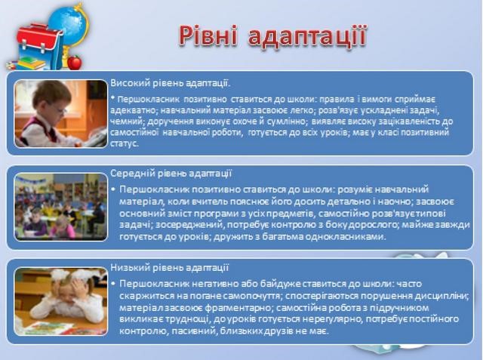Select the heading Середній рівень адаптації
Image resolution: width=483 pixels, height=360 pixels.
point(171,173)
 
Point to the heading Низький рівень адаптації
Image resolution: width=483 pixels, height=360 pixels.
point(170,268)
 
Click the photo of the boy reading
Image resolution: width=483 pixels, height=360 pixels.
point(60,114)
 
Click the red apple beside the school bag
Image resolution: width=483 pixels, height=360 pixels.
point(74,61)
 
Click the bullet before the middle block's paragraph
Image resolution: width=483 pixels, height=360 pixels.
point(113,189)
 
